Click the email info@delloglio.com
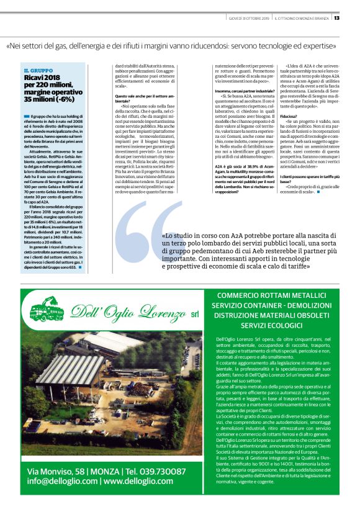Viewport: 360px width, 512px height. pos(61,480)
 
